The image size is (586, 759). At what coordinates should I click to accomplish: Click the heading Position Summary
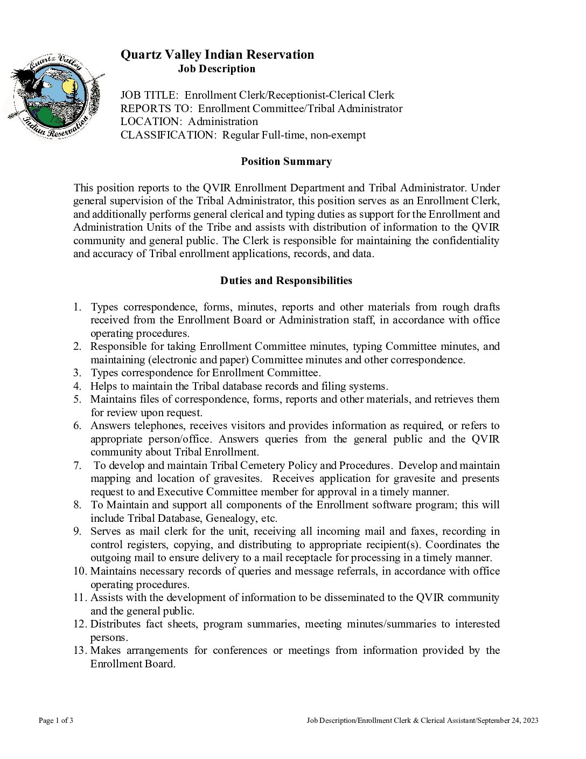pyautogui.click(x=286, y=162)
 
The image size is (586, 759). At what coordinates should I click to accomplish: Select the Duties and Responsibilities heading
pyautogui.click(x=286, y=281)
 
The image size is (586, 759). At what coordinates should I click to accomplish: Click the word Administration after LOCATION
pyautogui.click(x=223, y=122)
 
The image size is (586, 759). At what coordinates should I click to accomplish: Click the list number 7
pyautogui.click(x=78, y=466)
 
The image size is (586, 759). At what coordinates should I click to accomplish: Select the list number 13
pyautogui.click(x=80, y=651)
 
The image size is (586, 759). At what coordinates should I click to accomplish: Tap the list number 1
pyautogui.click(x=78, y=307)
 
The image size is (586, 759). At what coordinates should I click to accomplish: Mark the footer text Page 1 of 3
pyautogui.click(x=56, y=721)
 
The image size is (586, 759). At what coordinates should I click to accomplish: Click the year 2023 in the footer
pyautogui.click(x=530, y=721)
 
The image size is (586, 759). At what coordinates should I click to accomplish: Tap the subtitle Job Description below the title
pyautogui.click(x=217, y=69)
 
